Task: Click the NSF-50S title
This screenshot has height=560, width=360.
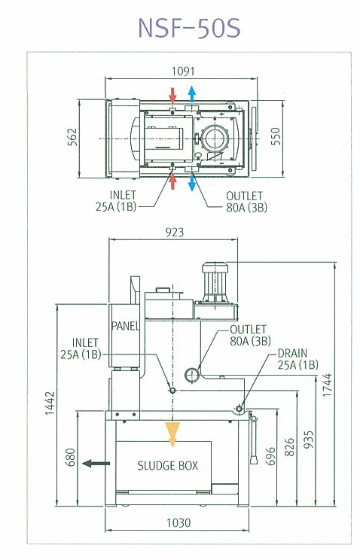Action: click(x=189, y=28)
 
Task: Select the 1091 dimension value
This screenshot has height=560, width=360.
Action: click(x=183, y=72)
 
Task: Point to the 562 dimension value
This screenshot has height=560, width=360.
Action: click(x=72, y=137)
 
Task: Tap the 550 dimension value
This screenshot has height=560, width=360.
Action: click(x=276, y=136)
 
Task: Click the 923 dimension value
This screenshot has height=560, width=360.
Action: click(x=175, y=233)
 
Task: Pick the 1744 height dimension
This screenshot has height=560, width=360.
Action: click(x=327, y=385)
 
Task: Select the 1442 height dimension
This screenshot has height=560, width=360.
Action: click(x=50, y=403)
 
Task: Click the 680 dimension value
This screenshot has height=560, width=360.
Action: click(x=71, y=457)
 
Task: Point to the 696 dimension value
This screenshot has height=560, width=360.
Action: click(x=270, y=456)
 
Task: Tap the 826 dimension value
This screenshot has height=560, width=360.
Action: click(x=290, y=447)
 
